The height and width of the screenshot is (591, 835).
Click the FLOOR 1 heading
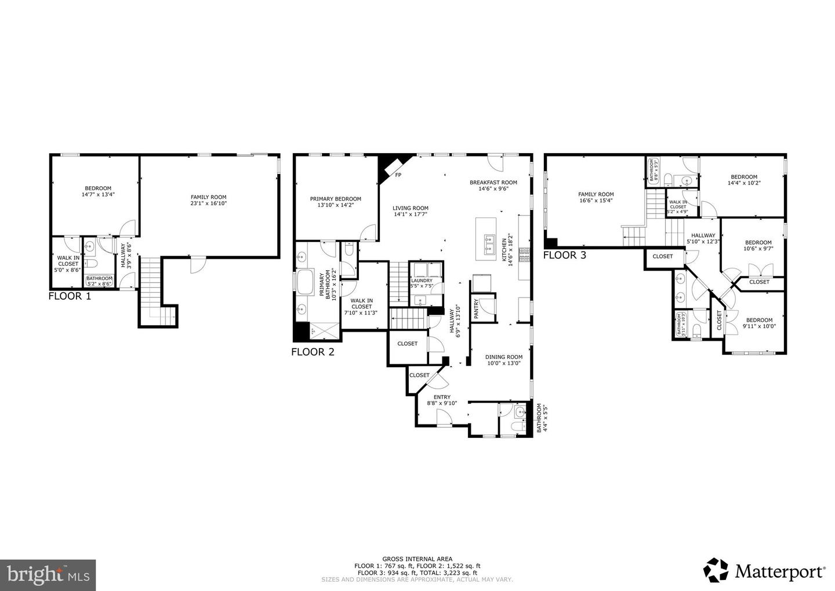pos(70,296)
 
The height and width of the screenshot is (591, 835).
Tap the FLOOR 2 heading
pos(313,351)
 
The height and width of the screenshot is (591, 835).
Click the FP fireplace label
pos(398,175)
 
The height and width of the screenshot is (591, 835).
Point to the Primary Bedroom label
pos(335,202)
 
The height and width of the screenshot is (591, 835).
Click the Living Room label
pos(410,211)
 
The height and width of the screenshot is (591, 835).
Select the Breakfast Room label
pos(493,185)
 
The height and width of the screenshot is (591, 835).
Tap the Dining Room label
pos(503,360)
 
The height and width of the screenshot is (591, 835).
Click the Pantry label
pos(476,309)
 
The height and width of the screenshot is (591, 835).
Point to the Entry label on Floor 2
pos(442,400)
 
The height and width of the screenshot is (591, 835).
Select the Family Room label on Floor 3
pos(596,197)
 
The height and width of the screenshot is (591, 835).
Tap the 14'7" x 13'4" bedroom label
pos(98,191)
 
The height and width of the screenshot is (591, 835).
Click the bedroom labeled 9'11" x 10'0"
pos(759,323)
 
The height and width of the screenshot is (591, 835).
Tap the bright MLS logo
pos(48,575)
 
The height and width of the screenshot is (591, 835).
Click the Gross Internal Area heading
pos(417,559)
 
